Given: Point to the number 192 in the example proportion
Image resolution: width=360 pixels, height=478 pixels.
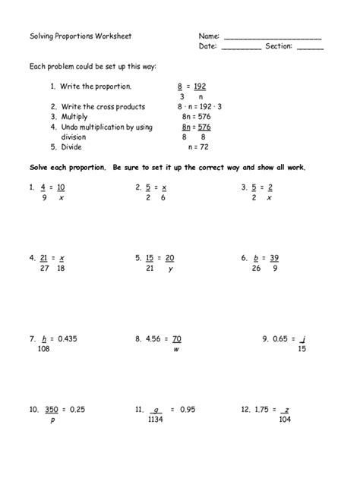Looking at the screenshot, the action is [x=200, y=86].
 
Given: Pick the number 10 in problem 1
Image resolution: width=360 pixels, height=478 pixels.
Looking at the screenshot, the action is [x=61, y=187].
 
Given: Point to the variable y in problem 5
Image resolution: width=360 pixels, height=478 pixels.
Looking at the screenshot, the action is [x=171, y=269].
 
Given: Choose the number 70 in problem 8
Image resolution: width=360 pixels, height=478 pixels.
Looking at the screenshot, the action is [x=176, y=339].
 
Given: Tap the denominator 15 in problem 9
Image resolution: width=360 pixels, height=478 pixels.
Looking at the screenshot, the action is [x=302, y=350].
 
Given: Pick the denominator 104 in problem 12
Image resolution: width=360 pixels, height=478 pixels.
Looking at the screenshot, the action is [x=285, y=420].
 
